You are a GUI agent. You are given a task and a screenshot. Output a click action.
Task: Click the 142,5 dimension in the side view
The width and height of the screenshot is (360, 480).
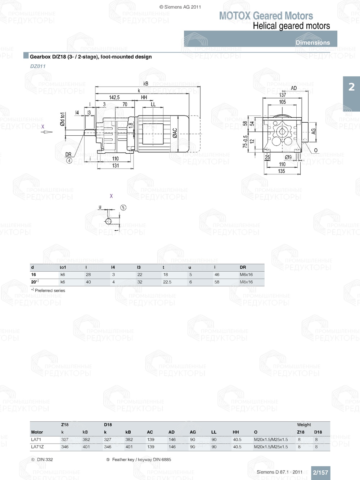[x=114, y=98]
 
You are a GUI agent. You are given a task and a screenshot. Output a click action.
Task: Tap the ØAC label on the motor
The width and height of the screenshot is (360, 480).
[x=175, y=133]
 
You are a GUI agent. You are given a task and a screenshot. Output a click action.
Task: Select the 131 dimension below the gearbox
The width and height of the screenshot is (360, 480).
[x=115, y=166]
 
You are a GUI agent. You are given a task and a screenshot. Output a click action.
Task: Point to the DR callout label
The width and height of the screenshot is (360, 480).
[x=68, y=154]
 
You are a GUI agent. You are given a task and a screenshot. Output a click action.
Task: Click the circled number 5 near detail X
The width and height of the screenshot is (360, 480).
[x=123, y=208]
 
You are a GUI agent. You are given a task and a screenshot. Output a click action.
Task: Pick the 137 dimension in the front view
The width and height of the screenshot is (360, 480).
[x=283, y=95]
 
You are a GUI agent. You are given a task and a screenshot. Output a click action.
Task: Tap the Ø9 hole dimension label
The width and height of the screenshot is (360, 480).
[x=288, y=157]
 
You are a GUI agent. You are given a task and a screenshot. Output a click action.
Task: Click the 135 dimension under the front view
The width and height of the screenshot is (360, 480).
[x=282, y=171]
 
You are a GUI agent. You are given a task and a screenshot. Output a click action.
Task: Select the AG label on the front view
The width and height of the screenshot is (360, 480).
[x=313, y=131]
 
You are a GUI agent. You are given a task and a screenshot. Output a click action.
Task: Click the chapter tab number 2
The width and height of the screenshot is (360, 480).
[x=351, y=87]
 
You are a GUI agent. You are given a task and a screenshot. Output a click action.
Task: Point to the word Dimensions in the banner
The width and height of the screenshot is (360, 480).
[x=312, y=42]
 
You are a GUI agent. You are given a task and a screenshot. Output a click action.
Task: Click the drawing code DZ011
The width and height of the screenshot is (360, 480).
[x=38, y=66]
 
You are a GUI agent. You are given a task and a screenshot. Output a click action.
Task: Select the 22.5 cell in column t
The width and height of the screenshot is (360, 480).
[x=167, y=282]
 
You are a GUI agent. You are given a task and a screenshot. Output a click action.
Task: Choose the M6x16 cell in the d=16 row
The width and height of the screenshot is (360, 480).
[x=246, y=275]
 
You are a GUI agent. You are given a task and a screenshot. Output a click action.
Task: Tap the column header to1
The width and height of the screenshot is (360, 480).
[x=63, y=267]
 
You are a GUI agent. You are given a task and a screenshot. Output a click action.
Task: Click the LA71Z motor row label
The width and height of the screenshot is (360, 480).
[x=37, y=447]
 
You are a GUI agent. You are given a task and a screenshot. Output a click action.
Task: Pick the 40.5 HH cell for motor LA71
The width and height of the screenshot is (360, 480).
[x=237, y=440]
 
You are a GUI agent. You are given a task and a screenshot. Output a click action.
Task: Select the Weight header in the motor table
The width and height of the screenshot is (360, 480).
[x=304, y=425]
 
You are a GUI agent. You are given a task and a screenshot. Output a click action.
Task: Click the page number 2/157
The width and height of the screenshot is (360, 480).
[x=320, y=472]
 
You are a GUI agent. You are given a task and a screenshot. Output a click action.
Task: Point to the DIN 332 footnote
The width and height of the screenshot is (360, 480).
[x=45, y=459]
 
